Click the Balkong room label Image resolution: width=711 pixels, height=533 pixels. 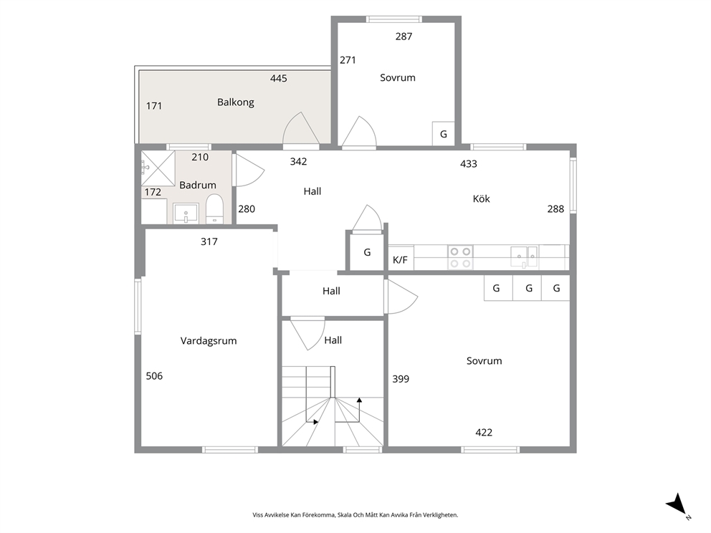coord(235,102)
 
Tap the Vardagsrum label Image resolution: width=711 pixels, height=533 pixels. coord(209,341)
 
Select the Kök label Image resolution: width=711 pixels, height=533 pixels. coord(481,198)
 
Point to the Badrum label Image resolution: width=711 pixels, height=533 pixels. coord(198,185)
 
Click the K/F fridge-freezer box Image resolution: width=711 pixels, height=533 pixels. coord(401,259)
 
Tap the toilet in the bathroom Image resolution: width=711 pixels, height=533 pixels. coord(214,209)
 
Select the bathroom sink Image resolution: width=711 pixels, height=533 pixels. coord(186,213)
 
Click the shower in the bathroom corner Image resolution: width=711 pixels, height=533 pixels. coord(158,168)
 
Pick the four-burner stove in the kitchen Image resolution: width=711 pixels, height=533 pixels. coord(460,257)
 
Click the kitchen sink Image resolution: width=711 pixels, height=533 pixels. coord(524,257)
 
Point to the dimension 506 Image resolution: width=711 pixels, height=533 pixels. coord(154,375)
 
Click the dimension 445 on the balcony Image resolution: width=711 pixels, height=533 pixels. coord(278,78)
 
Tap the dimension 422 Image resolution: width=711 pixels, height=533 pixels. coord(484,433)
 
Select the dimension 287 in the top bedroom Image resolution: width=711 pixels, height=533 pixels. coord(404,37)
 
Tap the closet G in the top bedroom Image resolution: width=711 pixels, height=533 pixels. coord(444,134)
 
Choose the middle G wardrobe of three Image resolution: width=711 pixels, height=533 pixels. coord(528,288)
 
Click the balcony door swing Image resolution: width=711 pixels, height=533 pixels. coord(301,128)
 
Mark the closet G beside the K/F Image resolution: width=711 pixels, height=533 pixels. coord(367,252)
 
